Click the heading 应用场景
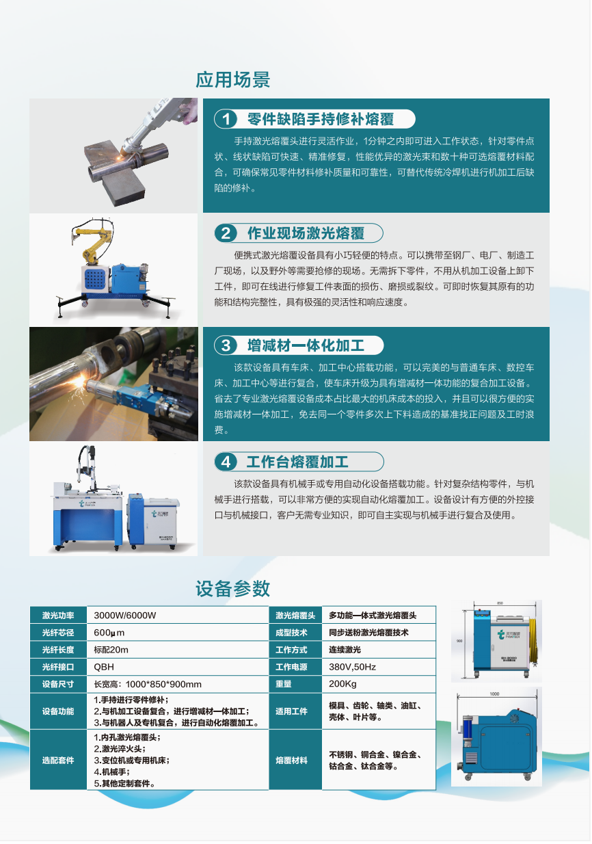click(232, 79)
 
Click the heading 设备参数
click(232, 588)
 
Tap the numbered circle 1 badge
click(226, 119)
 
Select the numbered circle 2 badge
click(226, 233)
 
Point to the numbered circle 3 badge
click(226, 345)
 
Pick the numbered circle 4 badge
click(226, 462)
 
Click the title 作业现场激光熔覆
click(306, 233)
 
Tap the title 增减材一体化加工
click(306, 345)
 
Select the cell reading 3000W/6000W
click(124, 616)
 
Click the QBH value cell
click(104, 667)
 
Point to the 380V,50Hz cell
click(352, 667)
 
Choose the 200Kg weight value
click(342, 684)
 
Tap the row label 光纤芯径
click(58, 633)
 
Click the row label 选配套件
click(58, 760)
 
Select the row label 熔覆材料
click(291, 760)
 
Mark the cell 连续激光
click(345, 650)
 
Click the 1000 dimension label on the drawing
click(494, 694)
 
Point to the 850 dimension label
click(500, 603)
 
